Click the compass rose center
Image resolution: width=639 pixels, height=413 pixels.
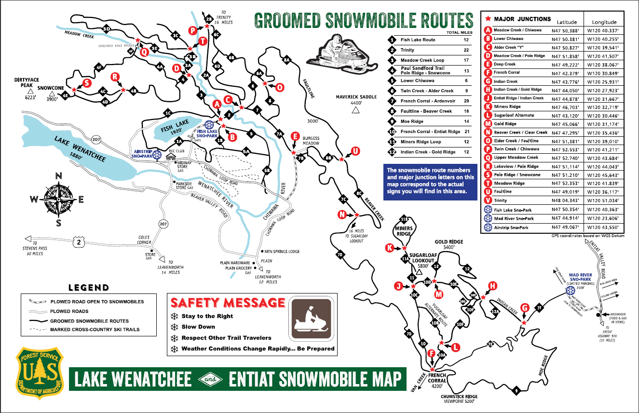[58, 199]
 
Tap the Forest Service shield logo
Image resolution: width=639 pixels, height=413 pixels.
[40, 372]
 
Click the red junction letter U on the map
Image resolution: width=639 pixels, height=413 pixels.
[355, 151]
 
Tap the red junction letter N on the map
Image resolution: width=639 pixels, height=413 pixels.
[342, 214]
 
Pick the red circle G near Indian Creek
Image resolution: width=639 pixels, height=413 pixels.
[525, 307]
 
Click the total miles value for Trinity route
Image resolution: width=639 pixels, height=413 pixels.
[466, 50]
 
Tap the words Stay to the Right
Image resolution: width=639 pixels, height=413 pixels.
[207, 316]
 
